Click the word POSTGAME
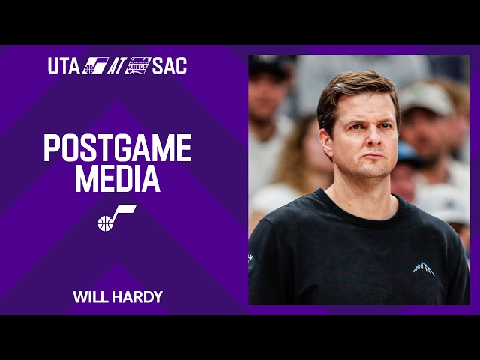point(117,148)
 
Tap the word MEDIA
point(117,179)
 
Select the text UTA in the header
point(63,66)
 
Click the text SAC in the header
point(169,66)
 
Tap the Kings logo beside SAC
point(138,66)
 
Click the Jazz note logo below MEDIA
point(116,217)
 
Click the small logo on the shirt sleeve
point(251,262)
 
